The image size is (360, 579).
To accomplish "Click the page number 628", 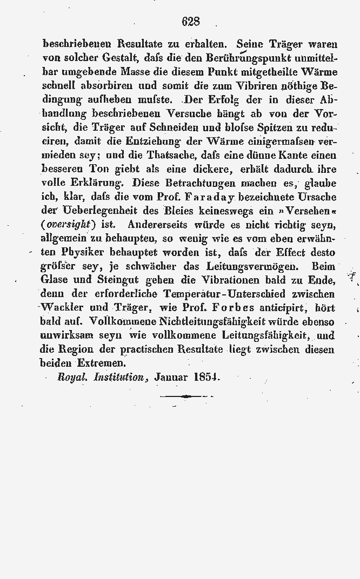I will coord(191,22).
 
